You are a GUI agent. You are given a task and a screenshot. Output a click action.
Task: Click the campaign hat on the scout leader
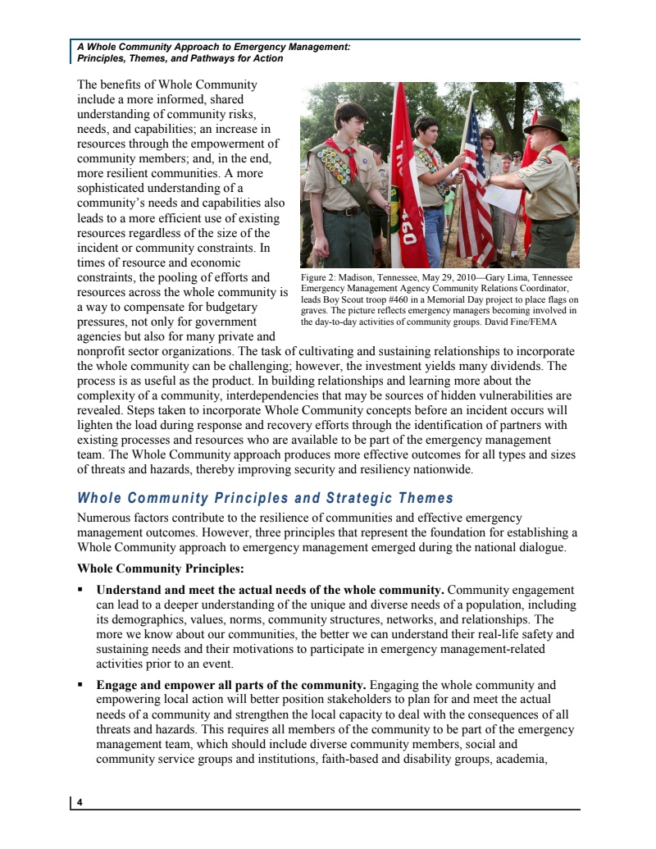(544, 126)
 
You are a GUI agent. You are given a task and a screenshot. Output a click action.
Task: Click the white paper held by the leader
(502, 197)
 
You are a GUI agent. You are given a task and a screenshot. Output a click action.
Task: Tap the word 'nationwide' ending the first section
(444, 470)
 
